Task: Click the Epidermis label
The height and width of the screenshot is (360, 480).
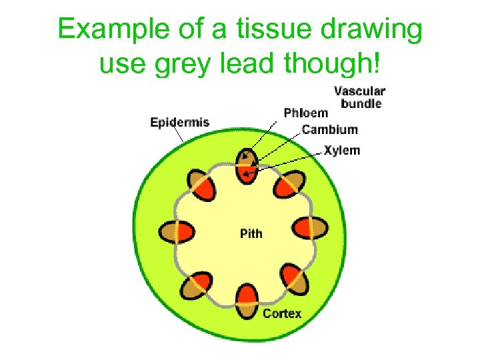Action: pos(179,122)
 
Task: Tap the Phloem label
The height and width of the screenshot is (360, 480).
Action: pos(305,113)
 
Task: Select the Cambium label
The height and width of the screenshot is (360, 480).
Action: pos(329,129)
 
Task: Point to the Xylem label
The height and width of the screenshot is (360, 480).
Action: pos(341,150)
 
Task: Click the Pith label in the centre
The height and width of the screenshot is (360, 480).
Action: pos(251,233)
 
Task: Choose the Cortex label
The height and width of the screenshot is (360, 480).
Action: pos(281,313)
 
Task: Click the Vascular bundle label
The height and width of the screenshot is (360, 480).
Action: pos(359,97)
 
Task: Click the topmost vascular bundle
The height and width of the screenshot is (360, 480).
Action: pos(247,165)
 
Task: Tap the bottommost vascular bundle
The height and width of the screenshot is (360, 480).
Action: pos(247,301)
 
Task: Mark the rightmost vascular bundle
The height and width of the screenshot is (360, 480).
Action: pos(311,228)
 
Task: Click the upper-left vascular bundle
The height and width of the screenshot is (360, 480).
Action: pos(199,184)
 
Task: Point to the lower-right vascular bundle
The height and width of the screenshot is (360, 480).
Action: pos(294,278)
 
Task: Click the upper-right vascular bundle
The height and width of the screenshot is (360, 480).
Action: pos(290,184)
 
